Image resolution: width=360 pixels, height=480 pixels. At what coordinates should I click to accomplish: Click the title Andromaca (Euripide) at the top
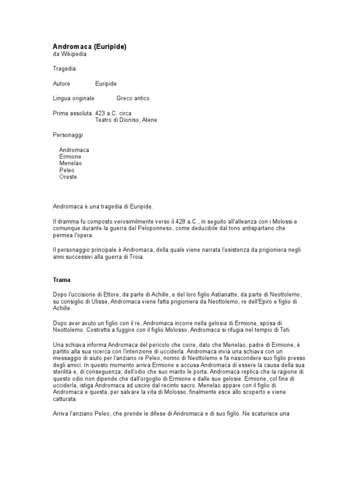(89, 47)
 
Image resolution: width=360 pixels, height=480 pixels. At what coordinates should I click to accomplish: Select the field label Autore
(61, 83)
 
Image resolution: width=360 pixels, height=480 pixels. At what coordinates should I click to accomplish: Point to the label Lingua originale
(74, 98)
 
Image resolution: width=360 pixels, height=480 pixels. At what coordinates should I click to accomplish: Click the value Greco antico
(133, 98)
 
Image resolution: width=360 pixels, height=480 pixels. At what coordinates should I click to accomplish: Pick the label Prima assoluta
(72, 113)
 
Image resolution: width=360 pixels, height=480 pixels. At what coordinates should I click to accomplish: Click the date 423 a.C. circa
(113, 113)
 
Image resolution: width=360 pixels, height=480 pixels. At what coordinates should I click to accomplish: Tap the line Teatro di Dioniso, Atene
(126, 120)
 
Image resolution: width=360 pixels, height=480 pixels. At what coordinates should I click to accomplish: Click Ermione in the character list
(70, 157)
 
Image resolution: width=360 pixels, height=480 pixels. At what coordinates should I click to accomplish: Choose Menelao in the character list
(70, 164)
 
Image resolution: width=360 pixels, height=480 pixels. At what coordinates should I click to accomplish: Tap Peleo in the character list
(67, 171)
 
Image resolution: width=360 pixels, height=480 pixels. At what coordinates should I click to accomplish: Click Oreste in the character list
(68, 177)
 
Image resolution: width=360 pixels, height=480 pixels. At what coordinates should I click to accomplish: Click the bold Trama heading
(61, 279)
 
